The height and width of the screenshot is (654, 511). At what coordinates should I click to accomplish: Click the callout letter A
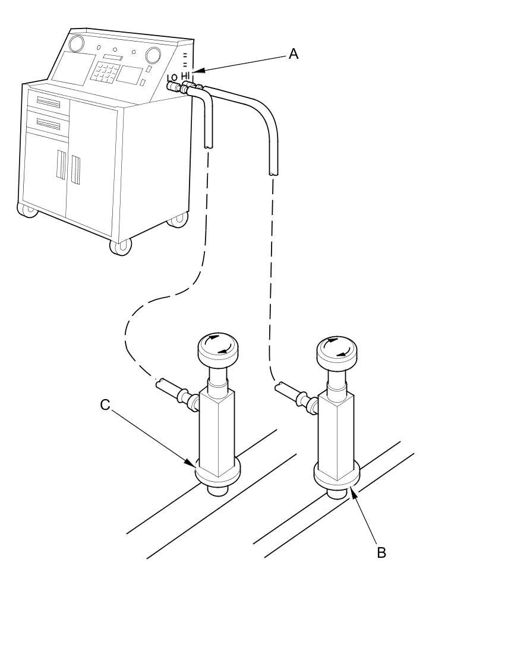pos(293,54)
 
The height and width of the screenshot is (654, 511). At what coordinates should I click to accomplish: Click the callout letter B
pos(381,552)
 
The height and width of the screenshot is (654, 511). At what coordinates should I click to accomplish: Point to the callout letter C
pos(105,405)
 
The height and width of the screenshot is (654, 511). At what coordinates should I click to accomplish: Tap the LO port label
pos(172,78)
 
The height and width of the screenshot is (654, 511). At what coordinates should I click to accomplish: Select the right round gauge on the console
pos(153,55)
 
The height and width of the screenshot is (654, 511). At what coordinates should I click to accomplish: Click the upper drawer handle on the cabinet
pos(48,103)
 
